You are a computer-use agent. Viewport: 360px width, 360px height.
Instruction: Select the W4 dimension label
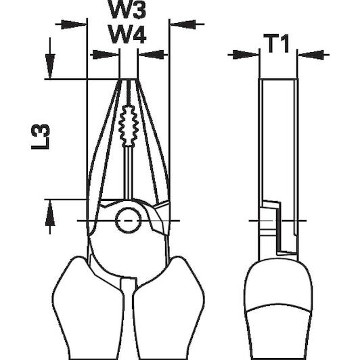pos(127,35)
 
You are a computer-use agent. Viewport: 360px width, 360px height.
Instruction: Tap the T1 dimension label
pos(276,43)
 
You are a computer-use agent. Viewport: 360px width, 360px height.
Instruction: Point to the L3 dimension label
pos(40,137)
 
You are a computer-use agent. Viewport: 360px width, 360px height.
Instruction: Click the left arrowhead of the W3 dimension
pos(74,24)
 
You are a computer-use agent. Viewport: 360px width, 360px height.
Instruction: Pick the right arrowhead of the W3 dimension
pos(183,24)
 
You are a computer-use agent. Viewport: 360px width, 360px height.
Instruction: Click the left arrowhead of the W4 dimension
pos(106,55)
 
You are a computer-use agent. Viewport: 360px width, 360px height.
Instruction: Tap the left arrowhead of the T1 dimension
pos(246,55)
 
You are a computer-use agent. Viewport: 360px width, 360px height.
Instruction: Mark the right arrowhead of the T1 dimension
pos(311,55)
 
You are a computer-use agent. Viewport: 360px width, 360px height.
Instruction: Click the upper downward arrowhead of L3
pos(50,66)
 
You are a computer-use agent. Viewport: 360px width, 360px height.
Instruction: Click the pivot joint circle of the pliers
pos(128,221)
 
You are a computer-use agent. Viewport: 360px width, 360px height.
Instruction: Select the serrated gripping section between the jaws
pos(128,126)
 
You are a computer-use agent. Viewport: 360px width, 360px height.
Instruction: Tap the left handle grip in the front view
pos(89,308)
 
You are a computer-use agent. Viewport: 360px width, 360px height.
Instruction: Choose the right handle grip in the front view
pos(168,308)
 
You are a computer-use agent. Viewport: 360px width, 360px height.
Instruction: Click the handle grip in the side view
pos(278,310)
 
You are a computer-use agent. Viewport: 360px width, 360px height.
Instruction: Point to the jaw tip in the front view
pos(129,79)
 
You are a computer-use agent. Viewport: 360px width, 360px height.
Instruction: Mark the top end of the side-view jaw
pos(279,79)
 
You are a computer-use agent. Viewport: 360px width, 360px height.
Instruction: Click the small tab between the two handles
pos(129,285)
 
